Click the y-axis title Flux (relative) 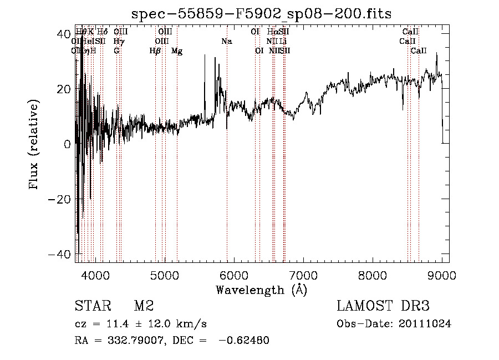click(34, 144)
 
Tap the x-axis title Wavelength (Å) click(261, 290)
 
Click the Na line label click(226, 41)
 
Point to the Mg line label click(177, 50)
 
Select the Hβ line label click(155, 50)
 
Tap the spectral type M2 click(143, 306)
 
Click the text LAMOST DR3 click(383, 306)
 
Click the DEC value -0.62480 click(244, 340)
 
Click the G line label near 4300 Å click(116, 50)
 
